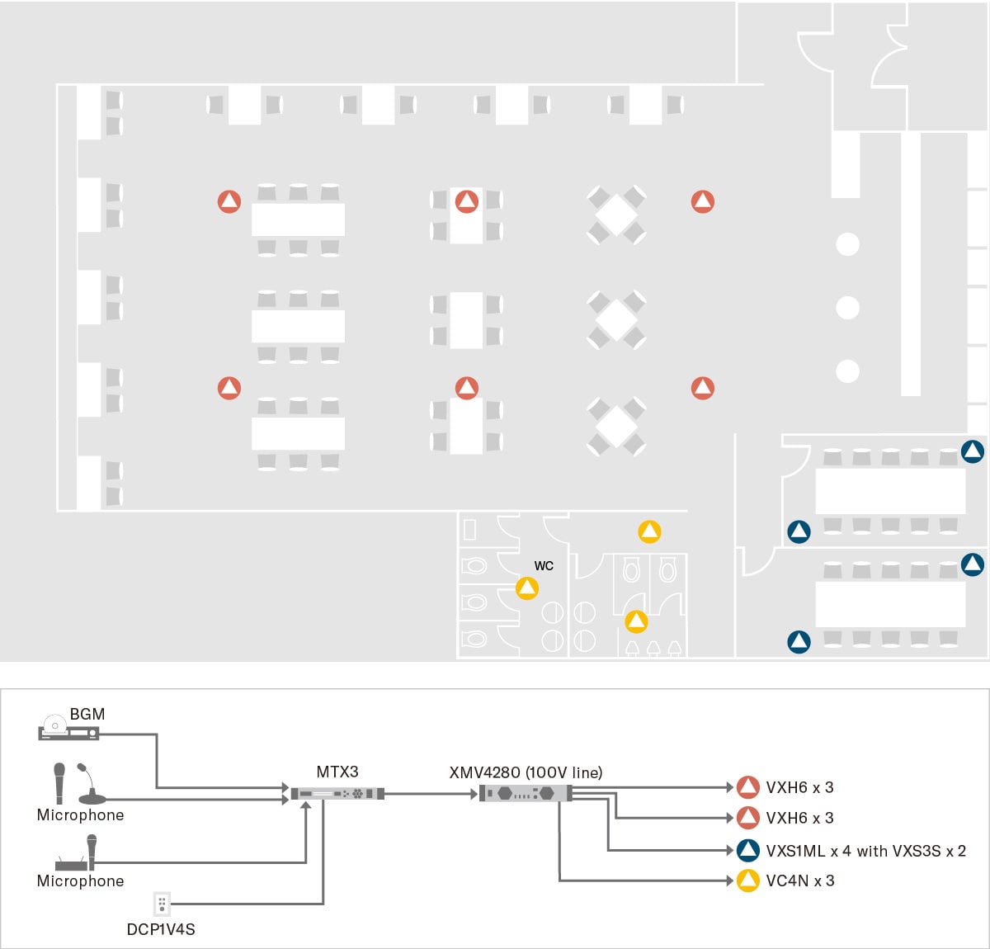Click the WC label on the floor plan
(x=544, y=566)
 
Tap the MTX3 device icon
(x=337, y=794)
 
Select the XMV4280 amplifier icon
(x=526, y=794)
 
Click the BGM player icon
(x=69, y=729)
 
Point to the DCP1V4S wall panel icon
(x=162, y=904)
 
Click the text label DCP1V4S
(x=161, y=929)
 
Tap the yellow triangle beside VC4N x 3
(x=747, y=881)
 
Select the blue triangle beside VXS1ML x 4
(x=747, y=850)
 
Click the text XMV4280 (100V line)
(x=526, y=772)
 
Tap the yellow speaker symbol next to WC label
(x=527, y=588)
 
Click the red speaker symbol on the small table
(x=467, y=201)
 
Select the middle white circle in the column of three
(x=847, y=308)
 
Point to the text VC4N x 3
(x=799, y=881)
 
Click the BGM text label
(x=87, y=714)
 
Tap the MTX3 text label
(x=337, y=772)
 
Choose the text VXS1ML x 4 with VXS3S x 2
(x=865, y=851)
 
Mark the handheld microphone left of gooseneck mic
(x=59, y=782)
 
